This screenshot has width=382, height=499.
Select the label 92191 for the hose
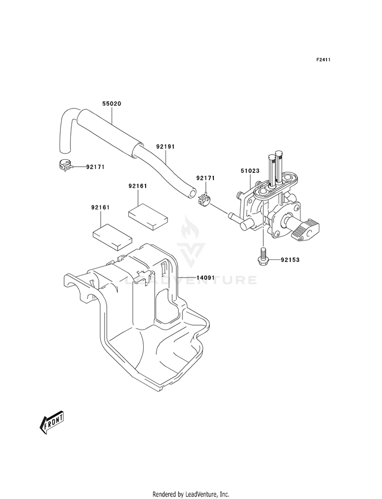[166, 146]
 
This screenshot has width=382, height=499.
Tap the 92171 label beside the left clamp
[95, 166]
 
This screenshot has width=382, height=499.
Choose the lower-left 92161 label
[101, 208]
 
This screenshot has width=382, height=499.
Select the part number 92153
[290, 260]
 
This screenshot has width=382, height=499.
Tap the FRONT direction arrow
[51, 422]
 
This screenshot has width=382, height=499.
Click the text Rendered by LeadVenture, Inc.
[190, 494]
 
